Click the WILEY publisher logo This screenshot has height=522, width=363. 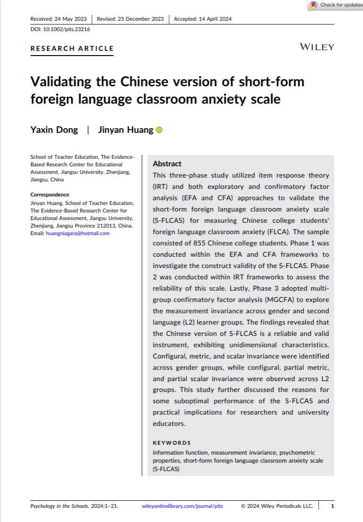point(317,47)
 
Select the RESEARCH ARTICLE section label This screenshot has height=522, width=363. point(72,48)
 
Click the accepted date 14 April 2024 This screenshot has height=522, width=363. point(215,19)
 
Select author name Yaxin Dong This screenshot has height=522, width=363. point(54,130)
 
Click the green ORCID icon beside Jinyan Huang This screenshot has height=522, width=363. point(159,130)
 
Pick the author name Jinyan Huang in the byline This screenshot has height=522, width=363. point(125,130)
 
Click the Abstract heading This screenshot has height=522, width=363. point(167,164)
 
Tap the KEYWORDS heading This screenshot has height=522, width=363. point(172,443)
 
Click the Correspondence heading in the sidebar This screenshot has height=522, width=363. point(49,195)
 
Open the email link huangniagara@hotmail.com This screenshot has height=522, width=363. point(78,233)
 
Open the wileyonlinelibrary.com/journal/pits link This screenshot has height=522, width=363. point(182,506)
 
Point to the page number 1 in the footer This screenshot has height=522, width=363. point(333,506)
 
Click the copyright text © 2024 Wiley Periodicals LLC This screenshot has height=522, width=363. point(277,506)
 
